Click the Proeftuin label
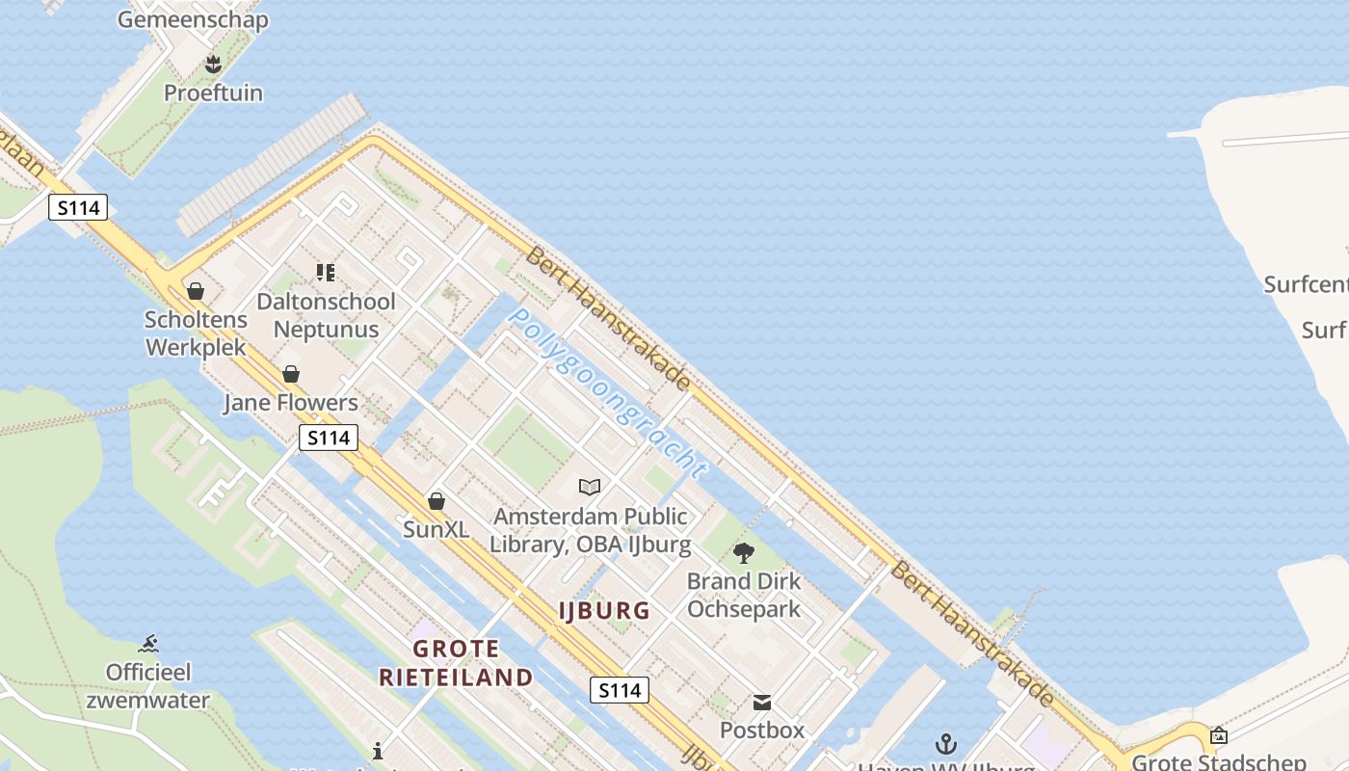213,93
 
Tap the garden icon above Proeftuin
213,65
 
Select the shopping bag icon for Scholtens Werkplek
196,291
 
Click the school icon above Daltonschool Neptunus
326,273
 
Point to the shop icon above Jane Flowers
291,374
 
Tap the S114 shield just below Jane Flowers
329,438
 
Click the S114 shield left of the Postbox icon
620,690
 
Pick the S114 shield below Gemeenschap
78,207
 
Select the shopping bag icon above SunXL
436,501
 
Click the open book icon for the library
590,487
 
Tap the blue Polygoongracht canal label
607,392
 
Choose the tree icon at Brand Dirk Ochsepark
743,553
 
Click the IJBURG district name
604,610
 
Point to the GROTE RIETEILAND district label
456,663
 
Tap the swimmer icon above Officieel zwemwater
147,644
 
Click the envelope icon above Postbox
762,702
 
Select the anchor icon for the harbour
946,744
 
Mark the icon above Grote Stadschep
1218,735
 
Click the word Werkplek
196,347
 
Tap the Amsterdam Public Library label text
590,530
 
